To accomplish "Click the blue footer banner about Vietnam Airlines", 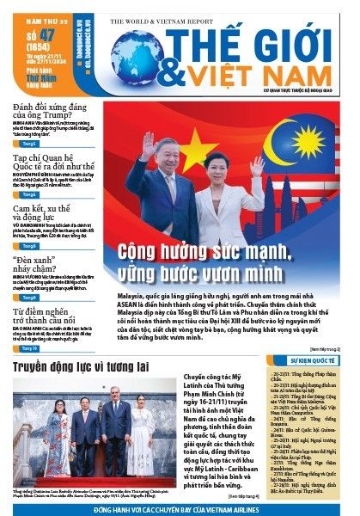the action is click(180, 508).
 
